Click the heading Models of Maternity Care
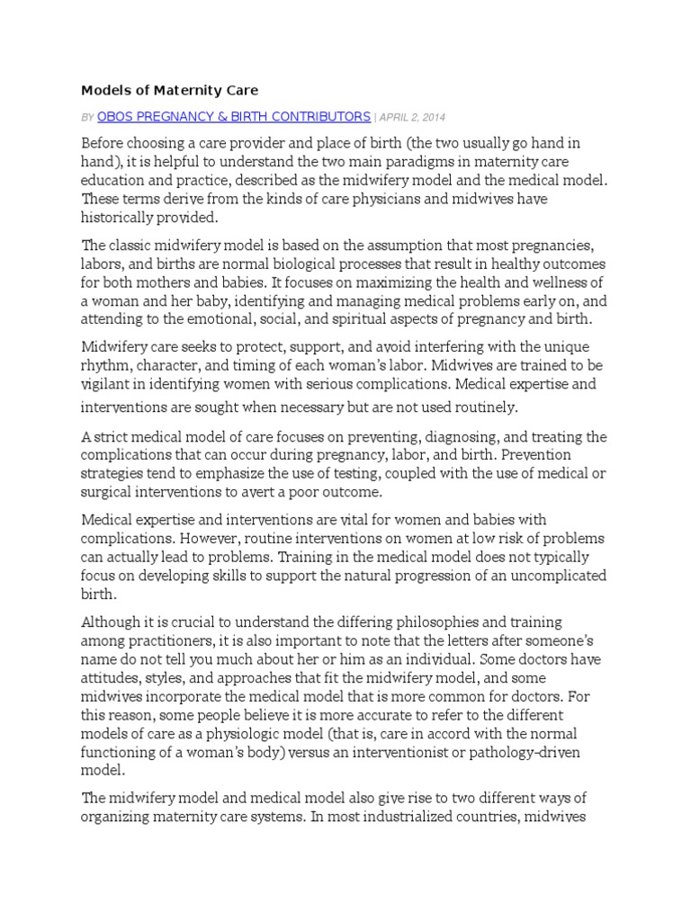tap(170, 90)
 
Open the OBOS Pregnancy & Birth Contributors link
tap(233, 117)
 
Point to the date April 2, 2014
tap(411, 117)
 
